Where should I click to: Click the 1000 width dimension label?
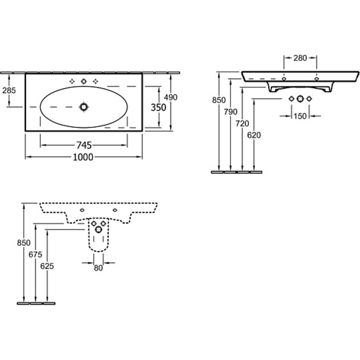83,157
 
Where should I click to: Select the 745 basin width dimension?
84,145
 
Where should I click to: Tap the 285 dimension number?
9,90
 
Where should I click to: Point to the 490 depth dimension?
171,97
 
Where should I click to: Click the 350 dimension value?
158,108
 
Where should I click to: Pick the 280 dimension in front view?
300,58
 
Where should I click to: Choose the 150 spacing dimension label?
300,116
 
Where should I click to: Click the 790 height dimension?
230,112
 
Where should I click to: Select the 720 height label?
242,123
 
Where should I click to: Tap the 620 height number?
254,135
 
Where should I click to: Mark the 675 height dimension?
36,254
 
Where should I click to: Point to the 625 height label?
47,266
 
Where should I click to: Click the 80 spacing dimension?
98,268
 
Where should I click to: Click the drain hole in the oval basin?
84,107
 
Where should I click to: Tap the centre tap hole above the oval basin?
84,81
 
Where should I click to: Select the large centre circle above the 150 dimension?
300,99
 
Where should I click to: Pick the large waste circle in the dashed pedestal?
99,229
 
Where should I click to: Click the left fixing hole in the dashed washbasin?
82,210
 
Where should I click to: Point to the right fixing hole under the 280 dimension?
317,79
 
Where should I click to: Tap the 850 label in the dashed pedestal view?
24,243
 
